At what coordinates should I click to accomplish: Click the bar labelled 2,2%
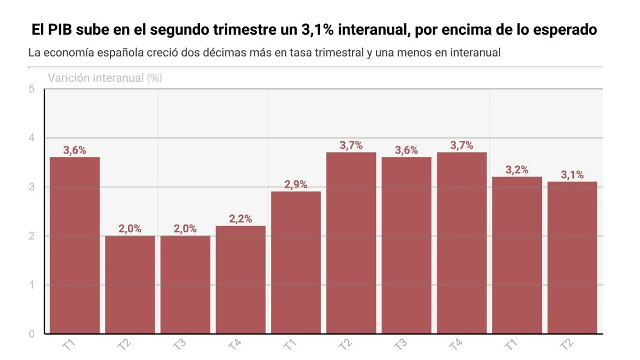click(x=241, y=279)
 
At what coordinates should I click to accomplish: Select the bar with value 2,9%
click(x=296, y=262)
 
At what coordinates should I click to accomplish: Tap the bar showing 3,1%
click(x=572, y=258)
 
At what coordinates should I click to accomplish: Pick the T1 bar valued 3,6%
click(x=75, y=245)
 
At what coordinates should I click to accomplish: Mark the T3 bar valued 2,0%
click(x=186, y=285)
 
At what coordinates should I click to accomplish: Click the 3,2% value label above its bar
click(x=517, y=170)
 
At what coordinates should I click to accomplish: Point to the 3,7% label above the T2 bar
click(x=351, y=146)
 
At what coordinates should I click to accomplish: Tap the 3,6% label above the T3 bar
click(x=406, y=150)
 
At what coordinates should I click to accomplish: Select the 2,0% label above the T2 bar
click(x=130, y=229)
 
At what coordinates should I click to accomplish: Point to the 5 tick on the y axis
click(x=32, y=89)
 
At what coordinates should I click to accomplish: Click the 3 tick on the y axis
click(x=32, y=187)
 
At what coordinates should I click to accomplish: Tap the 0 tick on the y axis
click(x=32, y=334)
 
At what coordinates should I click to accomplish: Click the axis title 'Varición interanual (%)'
click(x=105, y=78)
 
